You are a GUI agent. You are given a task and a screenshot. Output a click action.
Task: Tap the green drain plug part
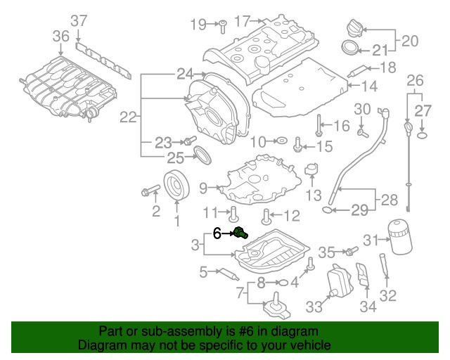240,233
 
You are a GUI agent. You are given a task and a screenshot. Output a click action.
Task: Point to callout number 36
60,35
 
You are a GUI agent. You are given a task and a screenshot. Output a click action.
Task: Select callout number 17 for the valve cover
242,22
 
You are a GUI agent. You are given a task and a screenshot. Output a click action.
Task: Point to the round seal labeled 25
202,155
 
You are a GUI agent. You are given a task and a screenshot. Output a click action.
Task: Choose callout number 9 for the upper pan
203,188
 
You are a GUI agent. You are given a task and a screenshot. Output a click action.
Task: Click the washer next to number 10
280,141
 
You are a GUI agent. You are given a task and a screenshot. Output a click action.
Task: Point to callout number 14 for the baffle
370,86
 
